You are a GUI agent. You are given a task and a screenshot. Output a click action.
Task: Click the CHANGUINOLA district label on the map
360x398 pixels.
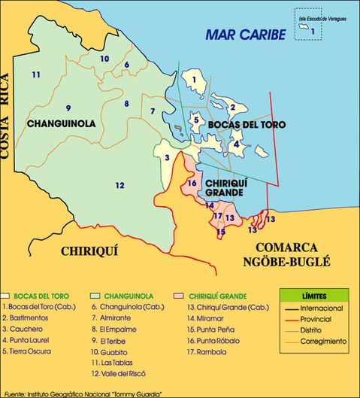coord(59,123)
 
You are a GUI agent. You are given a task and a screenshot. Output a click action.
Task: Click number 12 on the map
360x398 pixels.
coord(119,185)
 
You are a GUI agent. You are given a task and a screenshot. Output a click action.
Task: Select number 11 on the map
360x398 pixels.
coord(35,74)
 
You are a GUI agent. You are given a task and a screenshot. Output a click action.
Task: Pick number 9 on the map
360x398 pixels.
coord(68,108)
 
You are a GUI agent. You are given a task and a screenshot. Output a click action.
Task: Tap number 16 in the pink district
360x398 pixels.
coord(192,183)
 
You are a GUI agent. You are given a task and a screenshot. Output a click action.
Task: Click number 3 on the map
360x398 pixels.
coord(167,157)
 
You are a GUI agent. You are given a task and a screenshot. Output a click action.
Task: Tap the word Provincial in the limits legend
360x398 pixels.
coord(326,319)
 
